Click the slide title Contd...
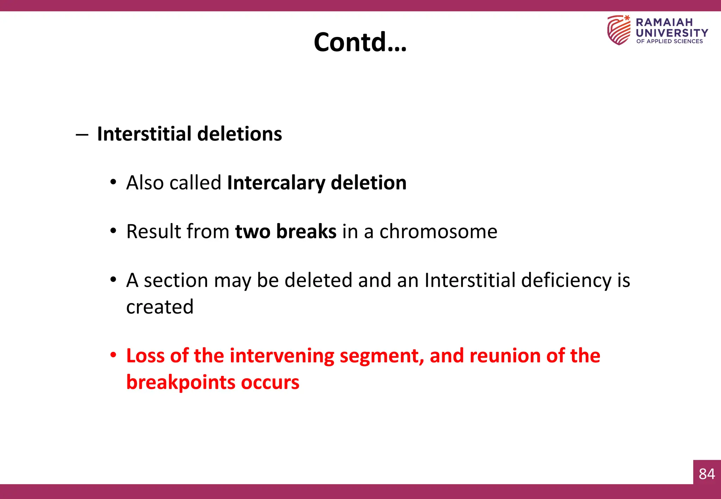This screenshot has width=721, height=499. [x=360, y=42]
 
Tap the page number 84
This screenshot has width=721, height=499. [x=707, y=474]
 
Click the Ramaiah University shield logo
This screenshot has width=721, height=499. [x=619, y=30]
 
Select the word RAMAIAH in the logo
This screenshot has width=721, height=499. [x=664, y=23]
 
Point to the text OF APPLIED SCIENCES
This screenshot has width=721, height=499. [x=669, y=42]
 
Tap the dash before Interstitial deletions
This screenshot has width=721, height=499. [x=82, y=134]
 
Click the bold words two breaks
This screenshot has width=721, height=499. [x=286, y=232]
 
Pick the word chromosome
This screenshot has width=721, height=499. [x=438, y=232]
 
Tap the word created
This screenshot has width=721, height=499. [x=160, y=307]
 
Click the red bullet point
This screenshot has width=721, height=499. [x=113, y=355]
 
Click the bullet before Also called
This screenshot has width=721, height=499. [x=113, y=182]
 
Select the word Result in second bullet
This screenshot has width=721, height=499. [x=153, y=232]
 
